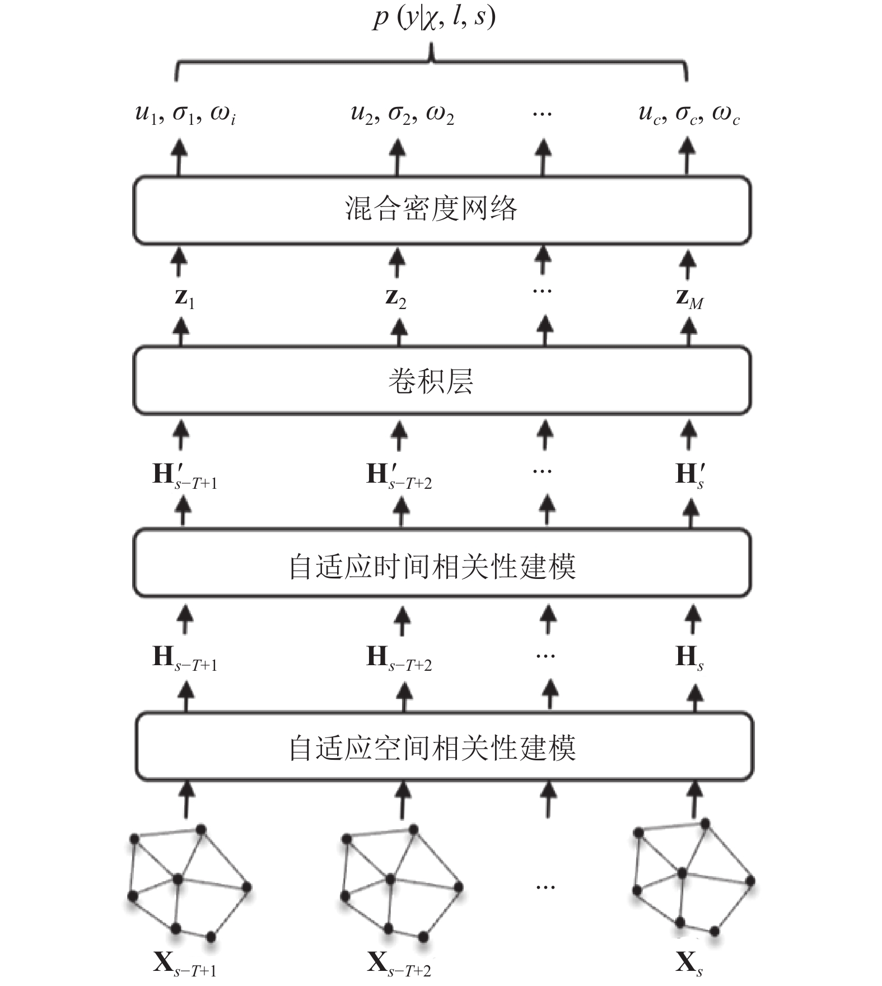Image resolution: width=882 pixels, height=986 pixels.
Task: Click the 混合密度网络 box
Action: [x=441, y=211]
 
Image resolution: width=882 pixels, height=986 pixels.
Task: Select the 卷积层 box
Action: [x=441, y=381]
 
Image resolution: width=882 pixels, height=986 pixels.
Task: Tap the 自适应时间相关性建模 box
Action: [x=441, y=563]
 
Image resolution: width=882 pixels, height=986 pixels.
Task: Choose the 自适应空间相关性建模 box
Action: [x=444, y=746]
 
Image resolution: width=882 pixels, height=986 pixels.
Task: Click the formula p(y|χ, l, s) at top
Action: [x=435, y=18]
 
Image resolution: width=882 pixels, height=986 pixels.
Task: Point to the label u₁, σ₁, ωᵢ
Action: [x=185, y=115]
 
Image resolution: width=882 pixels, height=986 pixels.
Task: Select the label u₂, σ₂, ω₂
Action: [x=402, y=115]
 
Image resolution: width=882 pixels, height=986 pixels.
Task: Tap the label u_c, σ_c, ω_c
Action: [x=689, y=115]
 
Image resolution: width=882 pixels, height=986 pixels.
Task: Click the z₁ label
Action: [x=184, y=298]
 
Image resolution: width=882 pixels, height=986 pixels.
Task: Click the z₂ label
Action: [x=396, y=298]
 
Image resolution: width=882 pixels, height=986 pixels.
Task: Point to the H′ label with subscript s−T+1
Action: [x=185, y=476]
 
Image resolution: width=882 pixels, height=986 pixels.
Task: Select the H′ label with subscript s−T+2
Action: [x=399, y=476]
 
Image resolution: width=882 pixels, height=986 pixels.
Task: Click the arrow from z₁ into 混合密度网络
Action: [x=179, y=262]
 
